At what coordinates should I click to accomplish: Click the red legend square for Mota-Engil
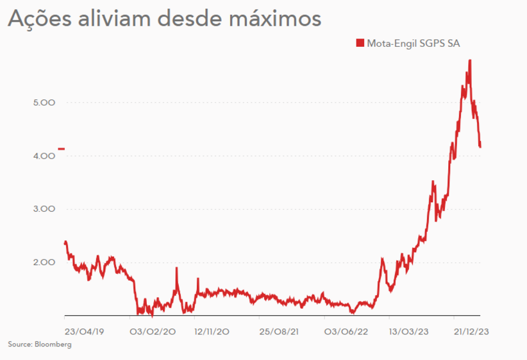[x=360, y=43]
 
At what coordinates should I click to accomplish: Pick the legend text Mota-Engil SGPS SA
[x=414, y=43]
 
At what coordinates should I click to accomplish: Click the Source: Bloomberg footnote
[x=40, y=345]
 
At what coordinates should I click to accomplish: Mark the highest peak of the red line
[x=471, y=60]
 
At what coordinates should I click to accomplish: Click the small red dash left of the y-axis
[x=61, y=149]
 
